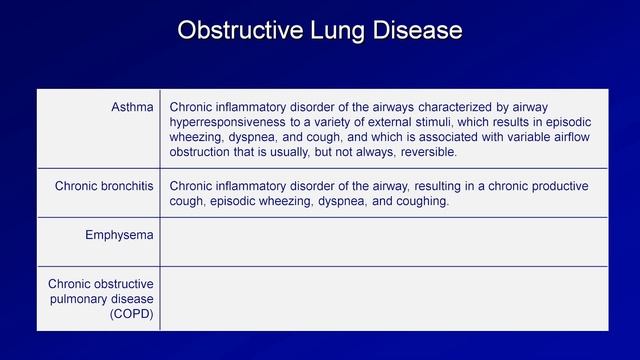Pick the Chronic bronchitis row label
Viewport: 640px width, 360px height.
[x=104, y=185]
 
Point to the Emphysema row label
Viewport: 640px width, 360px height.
[x=119, y=235]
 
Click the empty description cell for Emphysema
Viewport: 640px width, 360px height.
[x=383, y=241]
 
